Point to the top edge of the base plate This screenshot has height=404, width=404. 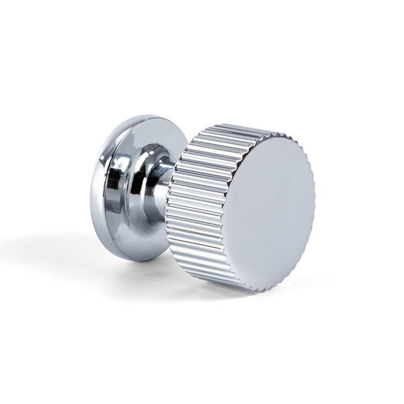[144, 117]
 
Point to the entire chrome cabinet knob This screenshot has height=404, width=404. [202, 202]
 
